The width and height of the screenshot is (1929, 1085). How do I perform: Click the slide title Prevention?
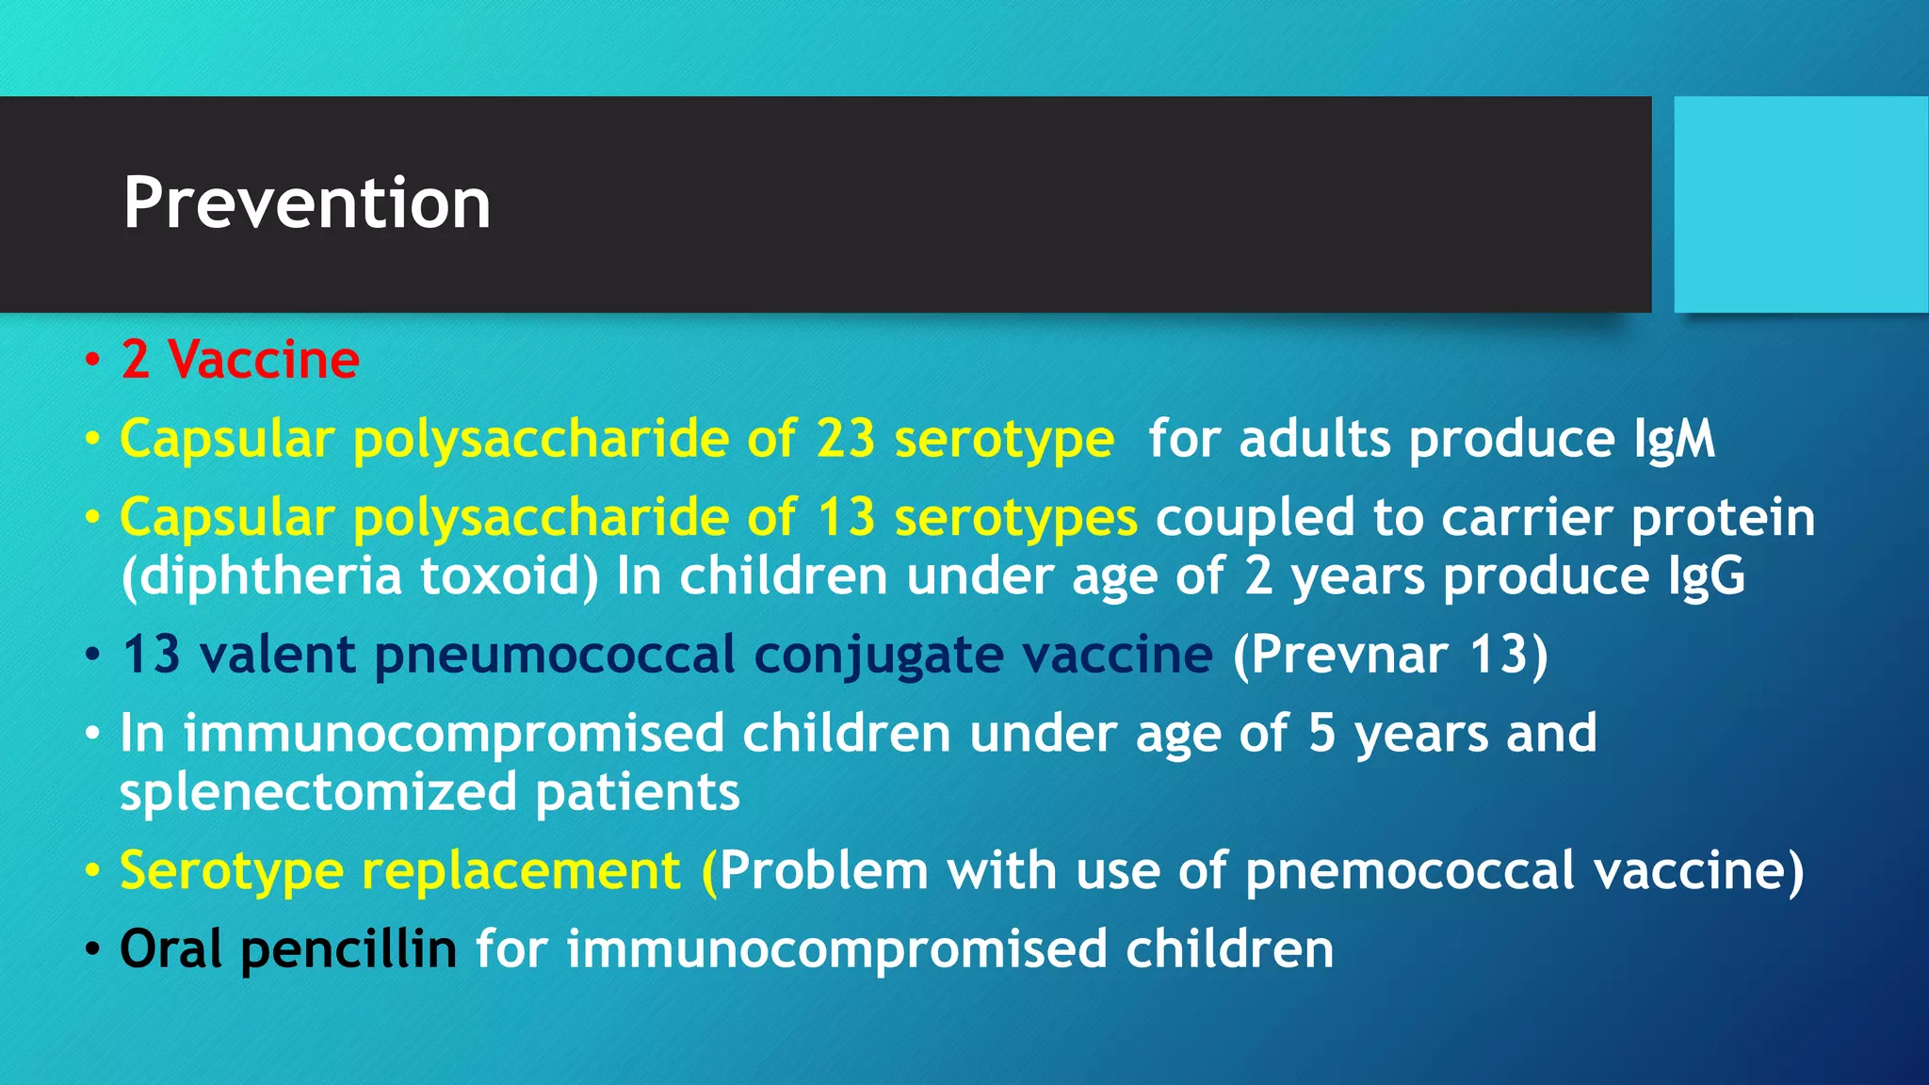307,202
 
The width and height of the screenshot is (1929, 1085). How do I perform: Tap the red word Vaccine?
264,360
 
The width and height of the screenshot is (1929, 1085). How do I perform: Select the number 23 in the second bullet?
846,439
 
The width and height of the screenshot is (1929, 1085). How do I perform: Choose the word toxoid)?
509,576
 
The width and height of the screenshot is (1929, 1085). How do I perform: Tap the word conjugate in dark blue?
878,656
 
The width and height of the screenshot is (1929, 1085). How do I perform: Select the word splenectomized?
317,792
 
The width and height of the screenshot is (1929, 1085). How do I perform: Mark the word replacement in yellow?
521,870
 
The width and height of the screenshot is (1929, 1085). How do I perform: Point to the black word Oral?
170,948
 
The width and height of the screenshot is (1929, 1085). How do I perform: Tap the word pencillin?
349,949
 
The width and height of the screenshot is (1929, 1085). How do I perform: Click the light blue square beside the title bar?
1800,204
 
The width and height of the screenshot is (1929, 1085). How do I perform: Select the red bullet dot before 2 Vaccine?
91,361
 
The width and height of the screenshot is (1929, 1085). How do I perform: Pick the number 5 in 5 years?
1321,733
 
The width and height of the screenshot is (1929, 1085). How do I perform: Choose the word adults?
1314,440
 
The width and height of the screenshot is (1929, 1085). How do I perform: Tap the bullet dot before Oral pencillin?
91,949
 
